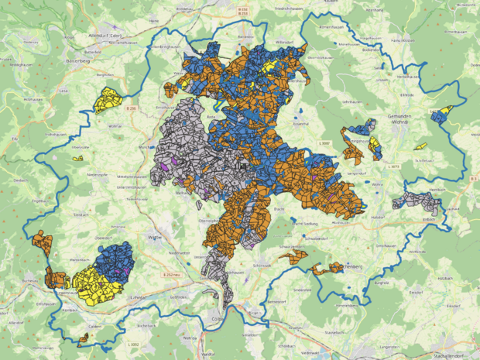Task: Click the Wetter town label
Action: [x=155, y=238]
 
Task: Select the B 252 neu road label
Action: [x=171, y=275]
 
